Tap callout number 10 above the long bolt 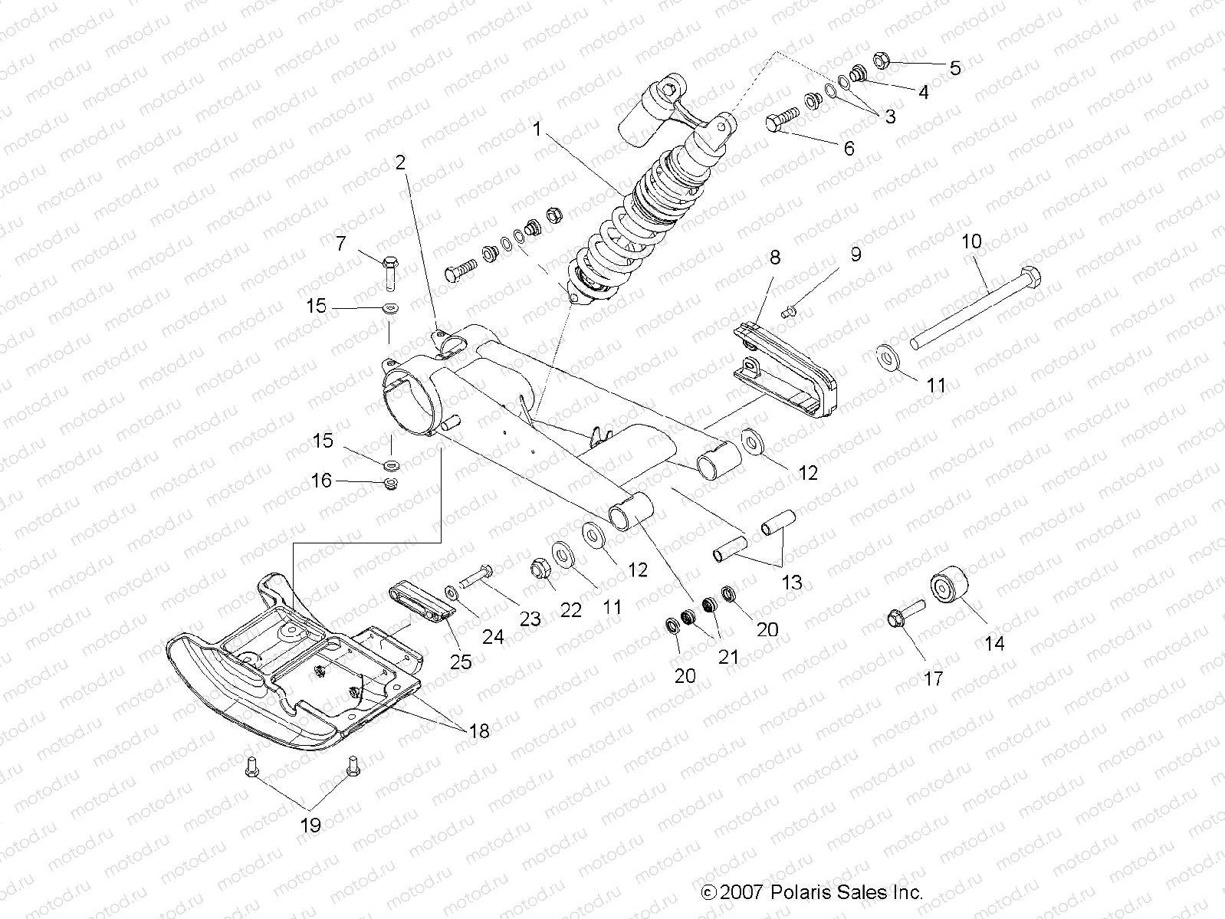pyautogui.click(x=970, y=241)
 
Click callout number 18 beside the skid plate pyautogui.click(x=478, y=730)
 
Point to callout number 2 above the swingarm pyautogui.click(x=400, y=162)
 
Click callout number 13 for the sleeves pyautogui.click(x=791, y=583)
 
